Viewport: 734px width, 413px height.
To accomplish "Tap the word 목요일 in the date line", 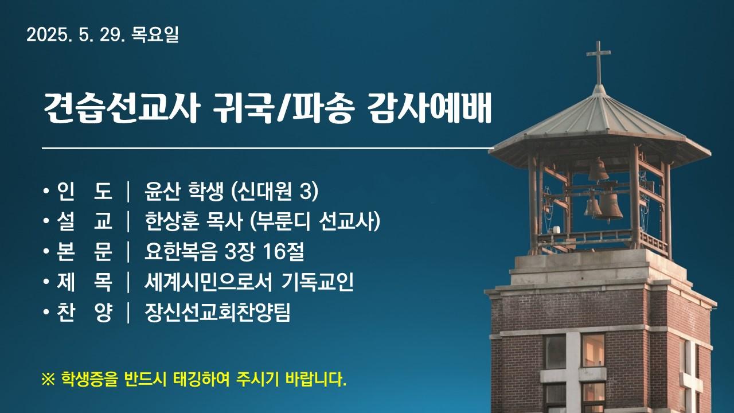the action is tap(155, 34).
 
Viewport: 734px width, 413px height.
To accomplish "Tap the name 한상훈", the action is tap(172, 221).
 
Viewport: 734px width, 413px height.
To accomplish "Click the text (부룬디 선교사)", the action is tap(315, 221).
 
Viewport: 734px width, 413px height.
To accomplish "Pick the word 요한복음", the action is tap(181, 252).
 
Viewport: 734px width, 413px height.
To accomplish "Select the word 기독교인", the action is tap(318, 282).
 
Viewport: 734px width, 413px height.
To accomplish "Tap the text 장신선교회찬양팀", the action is tap(217, 313).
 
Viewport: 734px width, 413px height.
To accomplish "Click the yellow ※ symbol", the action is tap(48, 380).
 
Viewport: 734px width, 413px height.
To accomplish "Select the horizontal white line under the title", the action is tap(268, 149).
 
